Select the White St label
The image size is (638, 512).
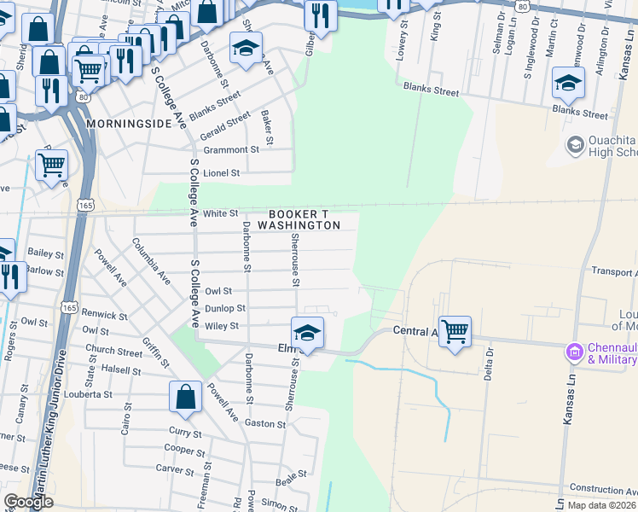(220, 213)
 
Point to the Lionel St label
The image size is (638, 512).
(222, 172)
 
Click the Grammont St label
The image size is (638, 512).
(230, 149)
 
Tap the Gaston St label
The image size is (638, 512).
(264, 424)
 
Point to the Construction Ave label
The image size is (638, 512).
(603, 489)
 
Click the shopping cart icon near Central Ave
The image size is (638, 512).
(455, 330)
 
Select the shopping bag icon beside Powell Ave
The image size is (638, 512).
(185, 396)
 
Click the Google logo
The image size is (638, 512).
(28, 502)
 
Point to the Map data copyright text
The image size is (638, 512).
(601, 505)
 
